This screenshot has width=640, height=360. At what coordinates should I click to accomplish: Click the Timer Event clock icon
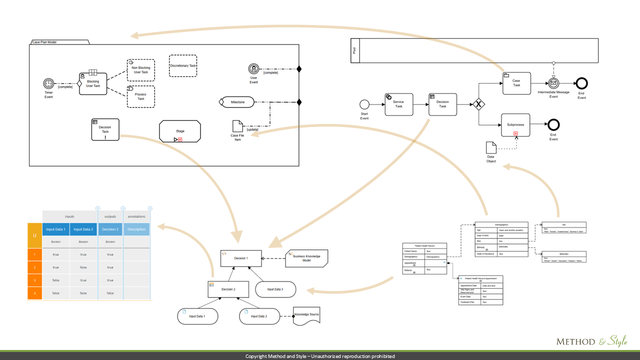tap(48, 83)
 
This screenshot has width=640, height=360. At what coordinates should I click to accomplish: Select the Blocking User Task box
tap(93, 83)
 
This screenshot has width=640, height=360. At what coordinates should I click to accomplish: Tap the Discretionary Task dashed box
tap(183, 65)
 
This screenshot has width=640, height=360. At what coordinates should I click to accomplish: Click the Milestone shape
tap(237, 102)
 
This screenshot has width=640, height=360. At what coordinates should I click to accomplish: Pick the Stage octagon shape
tap(180, 131)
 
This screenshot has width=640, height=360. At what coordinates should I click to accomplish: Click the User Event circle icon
tap(254, 69)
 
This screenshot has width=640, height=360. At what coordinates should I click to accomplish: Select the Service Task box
tap(399, 104)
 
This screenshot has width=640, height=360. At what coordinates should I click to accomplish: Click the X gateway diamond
tap(478, 104)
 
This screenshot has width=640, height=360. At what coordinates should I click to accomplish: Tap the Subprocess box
tap(515, 125)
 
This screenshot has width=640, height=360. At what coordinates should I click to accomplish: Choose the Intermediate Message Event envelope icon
tap(553, 83)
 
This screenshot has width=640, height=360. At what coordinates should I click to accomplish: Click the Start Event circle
tap(364, 104)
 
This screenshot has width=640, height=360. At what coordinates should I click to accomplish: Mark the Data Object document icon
tap(491, 147)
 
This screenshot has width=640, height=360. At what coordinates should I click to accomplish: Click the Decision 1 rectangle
tap(241, 258)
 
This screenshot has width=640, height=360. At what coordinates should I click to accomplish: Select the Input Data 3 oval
tap(275, 289)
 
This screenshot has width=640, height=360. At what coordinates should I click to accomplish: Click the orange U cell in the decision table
tap(34, 235)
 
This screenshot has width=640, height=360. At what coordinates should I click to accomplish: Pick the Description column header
tap(136, 229)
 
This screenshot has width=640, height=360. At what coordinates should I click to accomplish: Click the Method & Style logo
tap(591, 341)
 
